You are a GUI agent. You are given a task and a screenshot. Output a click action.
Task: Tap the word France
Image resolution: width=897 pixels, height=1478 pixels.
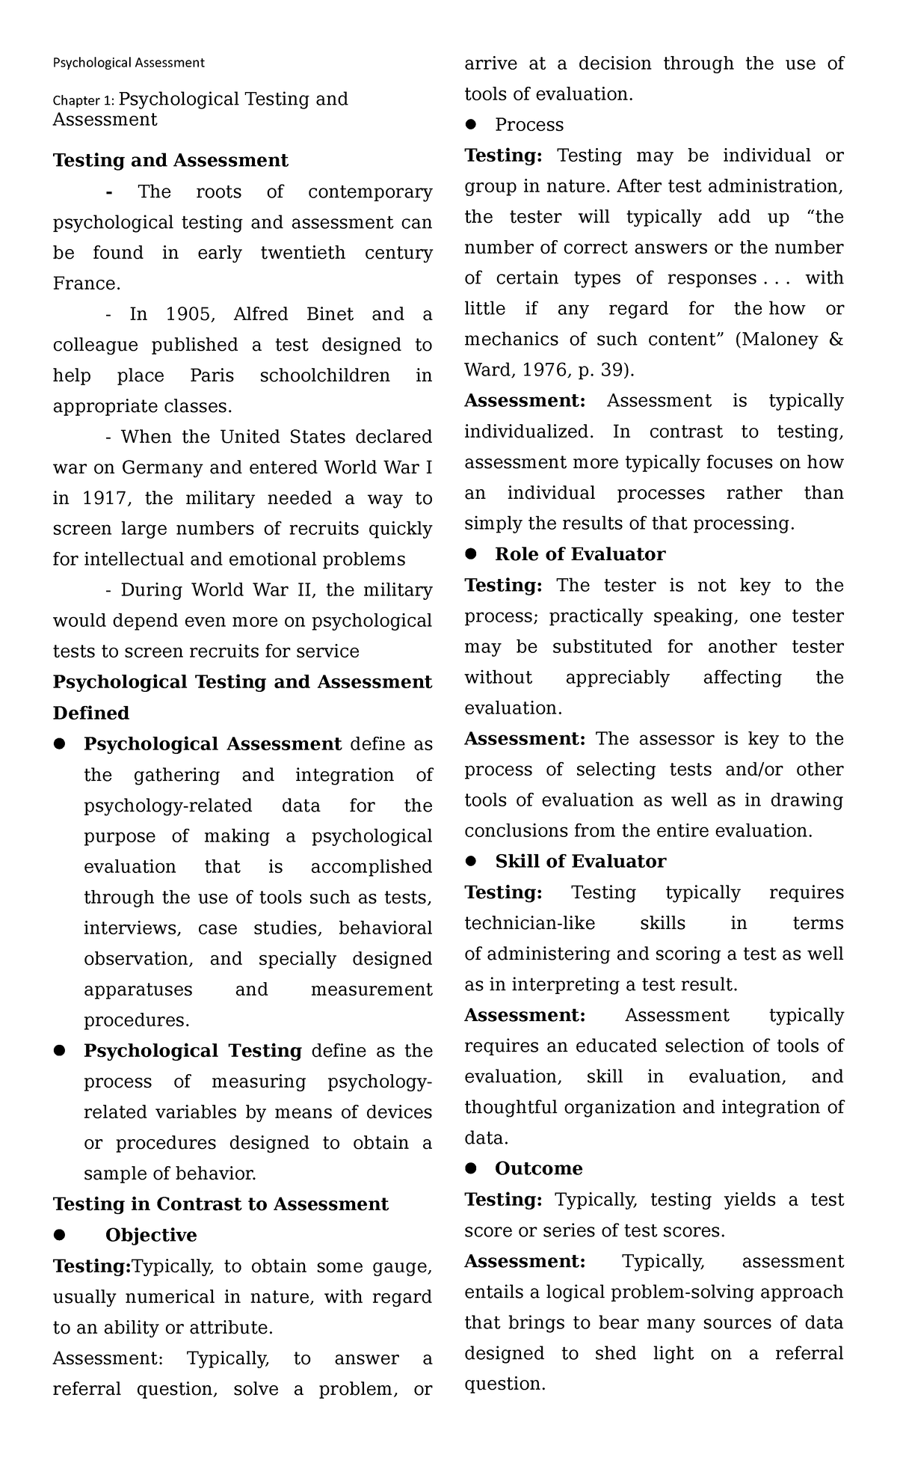86,283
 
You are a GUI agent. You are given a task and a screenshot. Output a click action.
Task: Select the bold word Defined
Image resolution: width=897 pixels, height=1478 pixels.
91,713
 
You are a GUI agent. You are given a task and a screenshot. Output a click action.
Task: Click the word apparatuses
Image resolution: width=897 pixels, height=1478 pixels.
138,990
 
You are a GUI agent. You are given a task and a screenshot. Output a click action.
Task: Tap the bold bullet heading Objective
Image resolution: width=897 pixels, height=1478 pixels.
151,1235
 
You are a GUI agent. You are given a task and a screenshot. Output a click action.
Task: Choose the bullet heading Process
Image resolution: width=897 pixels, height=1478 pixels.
529,125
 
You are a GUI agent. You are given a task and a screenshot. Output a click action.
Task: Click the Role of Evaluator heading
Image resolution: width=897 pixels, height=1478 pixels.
580,554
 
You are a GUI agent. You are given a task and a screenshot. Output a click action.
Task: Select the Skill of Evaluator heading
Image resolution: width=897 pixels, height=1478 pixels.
580,862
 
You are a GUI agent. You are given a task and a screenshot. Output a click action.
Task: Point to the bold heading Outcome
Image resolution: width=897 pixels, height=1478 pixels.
538,1168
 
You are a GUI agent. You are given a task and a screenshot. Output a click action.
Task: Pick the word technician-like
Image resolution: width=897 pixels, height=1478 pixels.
529,923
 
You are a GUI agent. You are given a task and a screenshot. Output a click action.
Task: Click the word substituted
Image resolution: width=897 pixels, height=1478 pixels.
602,646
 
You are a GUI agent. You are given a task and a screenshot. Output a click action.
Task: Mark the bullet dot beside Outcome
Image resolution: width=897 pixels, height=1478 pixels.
470,1168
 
